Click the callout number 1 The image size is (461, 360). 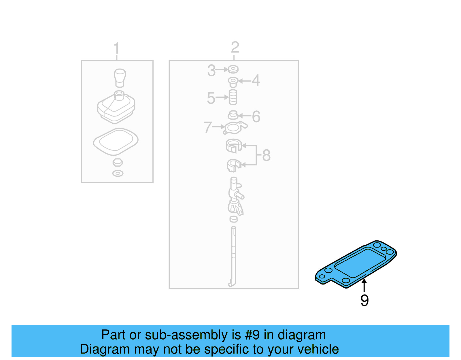point(116,48)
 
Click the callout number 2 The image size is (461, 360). point(235,47)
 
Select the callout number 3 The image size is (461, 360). point(211,70)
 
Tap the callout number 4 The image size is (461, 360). point(256,80)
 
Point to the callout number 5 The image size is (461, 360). point(211,98)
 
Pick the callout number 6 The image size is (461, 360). point(256,116)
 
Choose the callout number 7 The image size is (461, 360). point(207,127)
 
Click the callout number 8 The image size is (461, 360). point(266,155)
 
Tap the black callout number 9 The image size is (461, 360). point(364,300)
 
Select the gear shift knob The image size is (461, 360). point(120,77)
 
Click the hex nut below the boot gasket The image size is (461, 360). point(118,162)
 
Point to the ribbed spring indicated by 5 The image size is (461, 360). point(233,97)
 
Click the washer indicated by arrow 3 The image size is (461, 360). point(233,69)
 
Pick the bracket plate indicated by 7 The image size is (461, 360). point(234,128)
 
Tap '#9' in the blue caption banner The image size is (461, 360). point(252,335)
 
